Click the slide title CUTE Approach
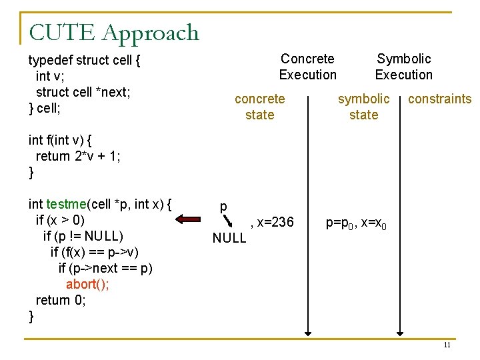tap(114, 33)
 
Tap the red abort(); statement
tap(87, 284)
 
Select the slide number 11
tap(447, 345)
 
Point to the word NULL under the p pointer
tap(229, 238)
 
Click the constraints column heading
tap(439, 99)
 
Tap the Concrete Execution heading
tap(307, 67)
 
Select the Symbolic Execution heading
tap(403, 67)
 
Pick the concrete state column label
tap(259, 107)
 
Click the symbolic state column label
tap(363, 107)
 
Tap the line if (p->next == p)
tap(105, 268)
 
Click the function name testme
tap(66, 204)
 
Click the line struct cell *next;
tap(82, 92)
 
